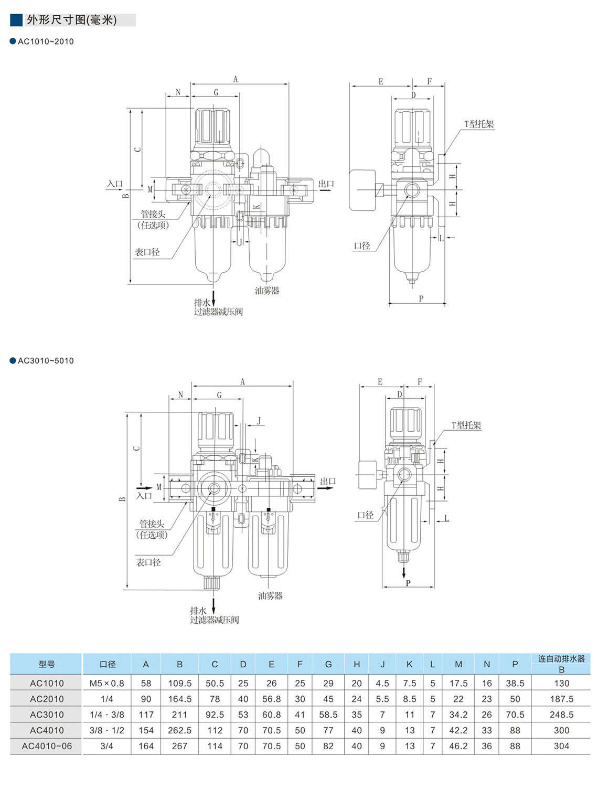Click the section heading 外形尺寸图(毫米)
pos(72,20)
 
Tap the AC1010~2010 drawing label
pos(46,41)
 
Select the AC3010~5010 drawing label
pos(46,360)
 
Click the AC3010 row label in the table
pos(47,715)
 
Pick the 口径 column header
pos(107,664)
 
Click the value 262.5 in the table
pos(179,730)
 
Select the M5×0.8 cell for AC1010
pos(107,683)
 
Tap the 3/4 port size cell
pos(107,746)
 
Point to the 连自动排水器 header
pos(561,659)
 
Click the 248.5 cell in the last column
pos(561,715)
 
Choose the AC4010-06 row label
pos(47,746)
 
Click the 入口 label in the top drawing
pos(114,184)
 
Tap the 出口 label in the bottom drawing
pos(328,481)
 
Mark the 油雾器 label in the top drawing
pos(267,291)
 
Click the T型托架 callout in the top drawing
pos(479,124)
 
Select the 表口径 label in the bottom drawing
pos(148,562)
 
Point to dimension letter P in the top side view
pos(421,298)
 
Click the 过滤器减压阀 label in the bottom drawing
pos(215,620)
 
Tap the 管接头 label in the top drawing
pos(153,214)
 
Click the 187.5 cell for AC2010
pos(561,699)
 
